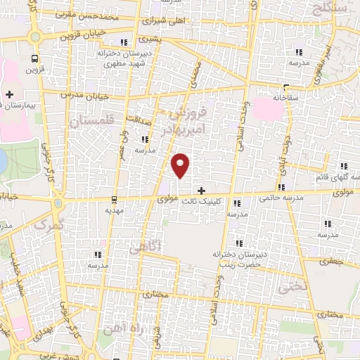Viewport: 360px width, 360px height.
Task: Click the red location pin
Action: coord(181,165)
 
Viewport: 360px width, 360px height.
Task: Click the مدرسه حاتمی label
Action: coord(281,198)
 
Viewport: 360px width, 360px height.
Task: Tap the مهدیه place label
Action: coord(115,210)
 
